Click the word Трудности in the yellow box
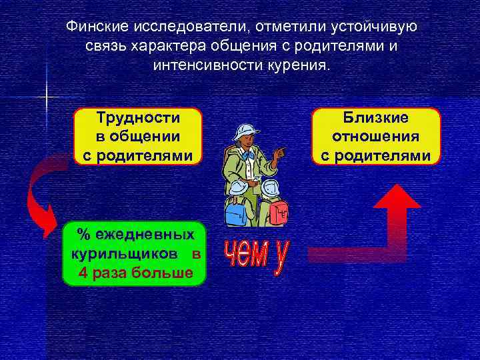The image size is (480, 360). tap(138, 118)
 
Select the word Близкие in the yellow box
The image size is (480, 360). tap(376, 118)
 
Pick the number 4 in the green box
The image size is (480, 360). tap(83, 273)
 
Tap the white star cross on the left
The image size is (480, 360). tap(47, 99)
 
